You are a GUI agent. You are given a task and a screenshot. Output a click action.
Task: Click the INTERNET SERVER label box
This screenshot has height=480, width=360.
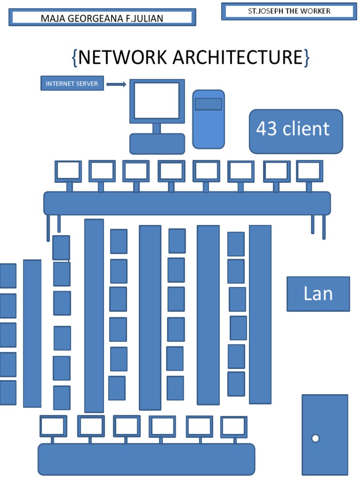click(72, 84)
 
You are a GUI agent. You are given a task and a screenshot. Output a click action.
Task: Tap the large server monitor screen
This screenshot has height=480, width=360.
click(157, 100)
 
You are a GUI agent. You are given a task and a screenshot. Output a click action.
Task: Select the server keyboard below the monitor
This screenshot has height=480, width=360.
click(157, 144)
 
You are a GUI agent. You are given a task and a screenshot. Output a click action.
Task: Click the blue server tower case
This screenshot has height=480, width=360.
click(208, 120)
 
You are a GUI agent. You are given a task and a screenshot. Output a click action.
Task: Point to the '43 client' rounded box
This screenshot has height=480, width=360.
click(296, 131)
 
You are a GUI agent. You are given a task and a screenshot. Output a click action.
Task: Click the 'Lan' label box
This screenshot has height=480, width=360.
click(318, 294)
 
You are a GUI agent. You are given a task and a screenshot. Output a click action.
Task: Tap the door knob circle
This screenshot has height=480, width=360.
click(315, 438)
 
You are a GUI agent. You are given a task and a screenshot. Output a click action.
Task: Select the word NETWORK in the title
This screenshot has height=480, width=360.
click(123, 57)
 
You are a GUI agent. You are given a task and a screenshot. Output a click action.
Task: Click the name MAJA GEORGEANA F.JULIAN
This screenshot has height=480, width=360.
click(102, 19)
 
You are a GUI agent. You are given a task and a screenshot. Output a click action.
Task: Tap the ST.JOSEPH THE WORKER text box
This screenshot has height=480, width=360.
click(289, 11)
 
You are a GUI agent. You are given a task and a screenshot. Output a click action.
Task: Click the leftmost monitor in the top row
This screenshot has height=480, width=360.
click(68, 171)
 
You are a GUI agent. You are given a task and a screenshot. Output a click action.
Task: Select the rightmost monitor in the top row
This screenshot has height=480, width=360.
click(309, 171)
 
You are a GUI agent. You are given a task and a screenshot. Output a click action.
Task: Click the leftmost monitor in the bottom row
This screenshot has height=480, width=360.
click(53, 426)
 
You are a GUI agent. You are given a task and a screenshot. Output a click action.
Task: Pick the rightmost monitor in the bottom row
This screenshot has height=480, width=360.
click(234, 427)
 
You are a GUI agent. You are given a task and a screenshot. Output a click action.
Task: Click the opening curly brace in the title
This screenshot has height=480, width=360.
click(74, 58)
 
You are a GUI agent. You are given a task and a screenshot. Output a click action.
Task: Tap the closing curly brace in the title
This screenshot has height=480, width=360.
click(306, 58)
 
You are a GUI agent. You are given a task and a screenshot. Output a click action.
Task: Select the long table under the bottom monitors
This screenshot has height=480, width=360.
click(146, 459)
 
